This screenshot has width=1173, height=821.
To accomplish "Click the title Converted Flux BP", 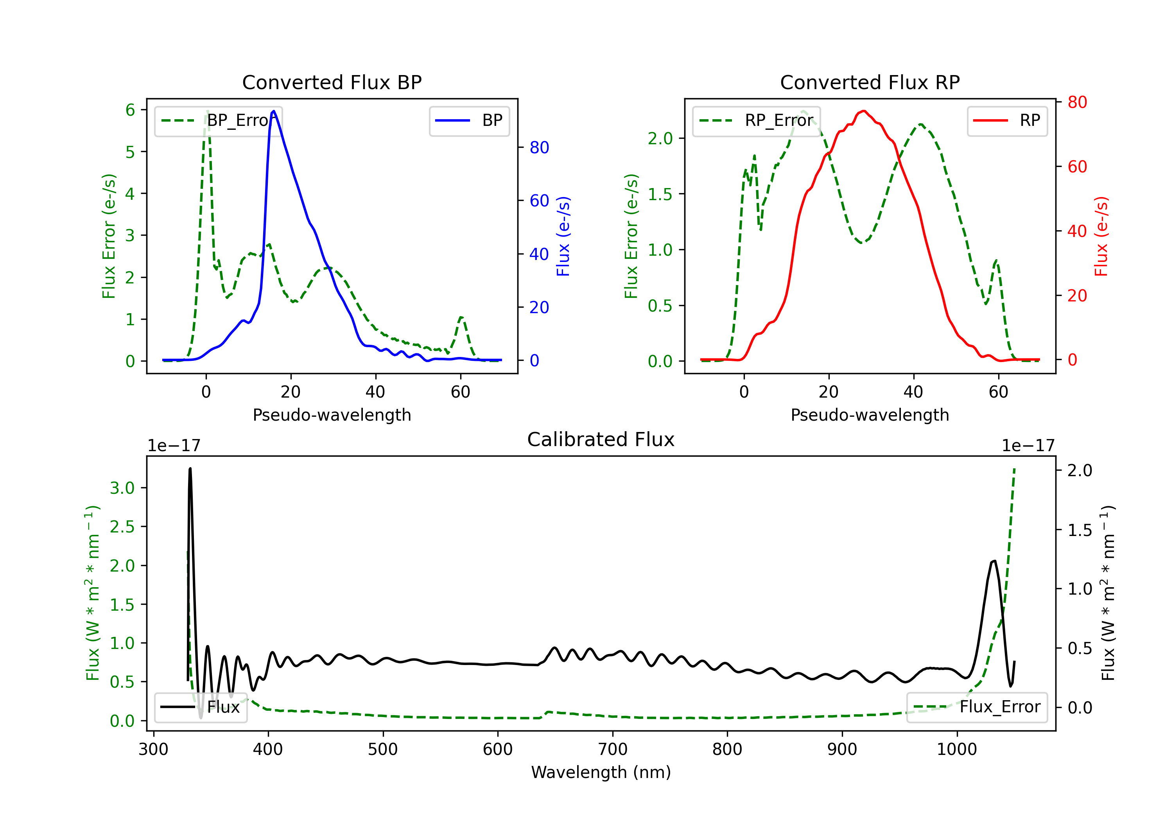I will coord(332,82).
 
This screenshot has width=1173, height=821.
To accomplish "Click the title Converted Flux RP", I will coord(870,82).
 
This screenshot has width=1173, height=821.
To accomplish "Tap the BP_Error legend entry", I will coord(218,120).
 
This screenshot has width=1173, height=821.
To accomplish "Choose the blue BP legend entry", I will coord(469,120).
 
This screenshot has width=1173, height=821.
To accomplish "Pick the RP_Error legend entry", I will coord(756,120).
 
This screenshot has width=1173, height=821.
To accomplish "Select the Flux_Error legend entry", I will coord(976,707).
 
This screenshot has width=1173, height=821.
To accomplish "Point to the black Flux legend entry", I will coord(201,707).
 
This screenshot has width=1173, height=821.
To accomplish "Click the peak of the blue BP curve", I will coord(274,111).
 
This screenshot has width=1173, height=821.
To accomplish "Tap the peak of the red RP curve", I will coord(863,111).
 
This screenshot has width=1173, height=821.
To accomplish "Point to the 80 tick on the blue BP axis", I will coord(539,148).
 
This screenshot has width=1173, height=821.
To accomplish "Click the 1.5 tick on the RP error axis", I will coord(660,194).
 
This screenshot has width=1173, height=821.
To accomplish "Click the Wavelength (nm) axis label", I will coord(601,772).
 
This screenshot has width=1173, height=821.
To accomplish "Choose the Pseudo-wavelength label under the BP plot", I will coord(332,415).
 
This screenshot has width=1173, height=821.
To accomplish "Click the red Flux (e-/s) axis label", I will coord(1101,236).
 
